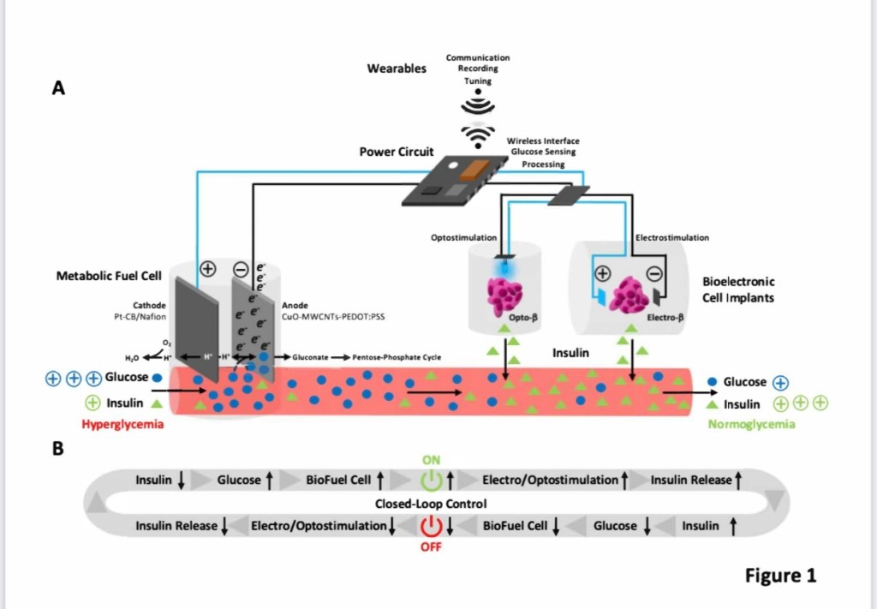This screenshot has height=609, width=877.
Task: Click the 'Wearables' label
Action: point(397,69)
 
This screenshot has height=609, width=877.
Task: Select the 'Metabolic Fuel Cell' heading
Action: point(109,276)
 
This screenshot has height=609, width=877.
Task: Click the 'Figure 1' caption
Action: point(780,575)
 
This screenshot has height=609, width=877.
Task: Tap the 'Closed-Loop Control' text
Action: point(431,503)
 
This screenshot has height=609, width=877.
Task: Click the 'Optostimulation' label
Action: point(463,237)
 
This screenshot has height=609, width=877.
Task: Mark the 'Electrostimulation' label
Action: point(672,237)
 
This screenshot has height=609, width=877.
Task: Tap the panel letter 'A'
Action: point(58,87)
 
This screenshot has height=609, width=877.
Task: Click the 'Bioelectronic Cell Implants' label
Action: point(737,289)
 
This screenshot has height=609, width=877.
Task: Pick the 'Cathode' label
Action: point(150,305)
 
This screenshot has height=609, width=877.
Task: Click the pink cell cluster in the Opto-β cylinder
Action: point(504,295)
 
